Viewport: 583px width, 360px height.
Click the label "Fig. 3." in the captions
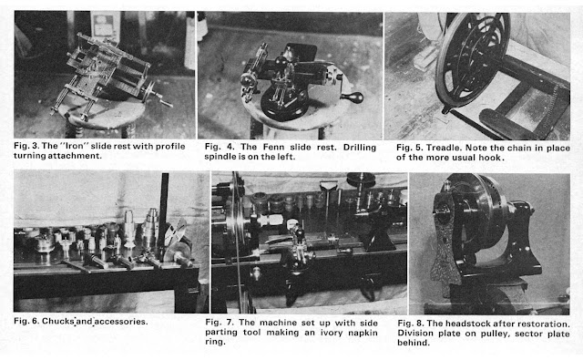[26, 146]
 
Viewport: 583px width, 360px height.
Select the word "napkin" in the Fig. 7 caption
[363, 333]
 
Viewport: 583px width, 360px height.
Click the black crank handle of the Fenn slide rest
[352, 98]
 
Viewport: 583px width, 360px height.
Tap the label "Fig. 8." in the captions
[410, 324]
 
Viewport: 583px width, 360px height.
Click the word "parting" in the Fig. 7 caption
[220, 333]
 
